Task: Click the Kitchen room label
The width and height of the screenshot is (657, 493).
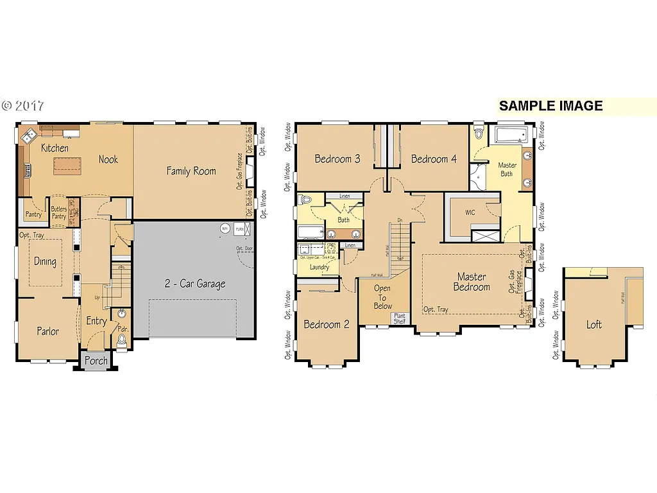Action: click(x=55, y=148)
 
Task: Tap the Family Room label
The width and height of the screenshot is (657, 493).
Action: click(x=191, y=171)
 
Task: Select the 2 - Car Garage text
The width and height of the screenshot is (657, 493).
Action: click(x=194, y=284)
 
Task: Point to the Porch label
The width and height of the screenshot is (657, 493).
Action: click(x=96, y=361)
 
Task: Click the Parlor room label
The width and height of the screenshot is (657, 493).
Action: click(x=47, y=331)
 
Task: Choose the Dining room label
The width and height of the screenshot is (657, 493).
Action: click(x=45, y=262)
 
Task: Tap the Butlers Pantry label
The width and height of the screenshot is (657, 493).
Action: click(x=59, y=213)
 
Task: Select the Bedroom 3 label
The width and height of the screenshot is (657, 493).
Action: click(x=337, y=159)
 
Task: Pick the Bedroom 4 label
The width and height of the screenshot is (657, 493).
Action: click(x=434, y=159)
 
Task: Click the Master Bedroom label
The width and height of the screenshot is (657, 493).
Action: click(x=472, y=282)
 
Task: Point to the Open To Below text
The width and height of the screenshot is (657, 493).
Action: click(x=383, y=297)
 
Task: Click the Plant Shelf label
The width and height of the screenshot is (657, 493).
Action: click(x=399, y=318)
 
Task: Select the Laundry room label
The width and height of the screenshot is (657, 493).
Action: click(x=319, y=266)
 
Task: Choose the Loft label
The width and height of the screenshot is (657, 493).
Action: click(x=594, y=325)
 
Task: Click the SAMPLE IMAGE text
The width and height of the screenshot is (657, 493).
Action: click(x=550, y=106)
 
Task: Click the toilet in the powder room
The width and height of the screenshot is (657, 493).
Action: click(x=122, y=340)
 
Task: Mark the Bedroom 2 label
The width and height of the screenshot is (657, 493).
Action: click(x=327, y=324)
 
